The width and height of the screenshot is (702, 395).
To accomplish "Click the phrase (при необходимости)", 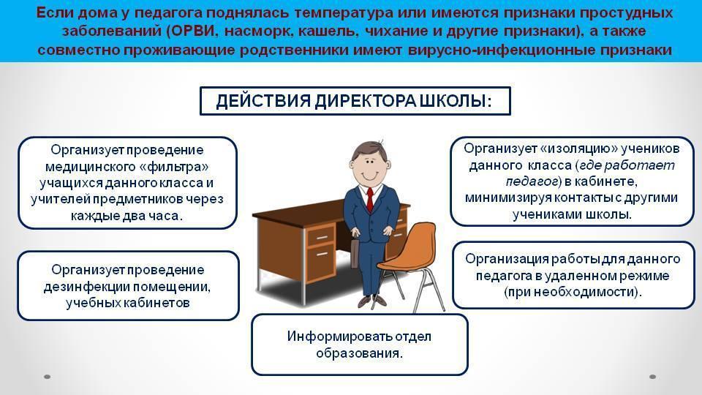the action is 573,293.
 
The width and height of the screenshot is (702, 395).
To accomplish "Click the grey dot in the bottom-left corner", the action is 47,377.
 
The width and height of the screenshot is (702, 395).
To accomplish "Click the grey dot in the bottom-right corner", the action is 653,377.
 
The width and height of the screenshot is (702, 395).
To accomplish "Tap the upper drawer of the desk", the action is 320,236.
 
